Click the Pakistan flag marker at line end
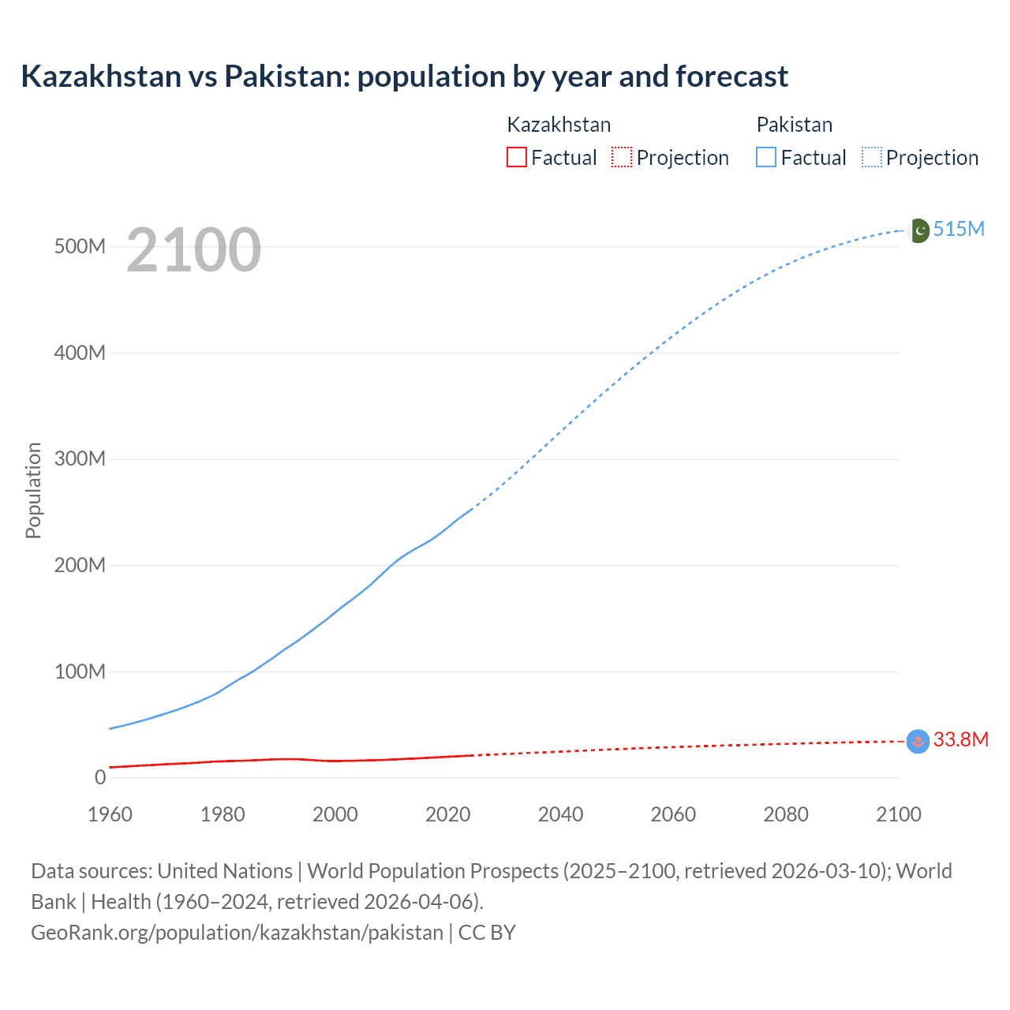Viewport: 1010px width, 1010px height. pos(918,230)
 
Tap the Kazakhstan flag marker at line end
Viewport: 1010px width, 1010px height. pos(918,741)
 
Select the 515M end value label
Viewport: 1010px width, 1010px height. pos(959,230)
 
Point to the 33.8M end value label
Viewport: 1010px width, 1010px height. pos(960,739)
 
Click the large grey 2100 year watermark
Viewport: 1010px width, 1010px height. pos(193,250)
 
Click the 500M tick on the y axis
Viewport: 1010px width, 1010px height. pos(80,247)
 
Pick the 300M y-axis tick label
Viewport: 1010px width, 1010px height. pos(80,459)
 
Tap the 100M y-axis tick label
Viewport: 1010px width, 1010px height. pos(80,672)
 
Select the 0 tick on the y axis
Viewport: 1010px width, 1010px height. pos(100,778)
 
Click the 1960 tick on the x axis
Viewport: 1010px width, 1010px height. pos(110,814)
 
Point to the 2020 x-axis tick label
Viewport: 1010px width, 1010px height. pos(447,814)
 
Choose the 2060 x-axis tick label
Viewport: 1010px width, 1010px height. pos(673,814)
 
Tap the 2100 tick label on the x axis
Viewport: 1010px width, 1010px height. pos(898,814)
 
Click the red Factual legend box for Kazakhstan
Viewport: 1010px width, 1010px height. pos(516,158)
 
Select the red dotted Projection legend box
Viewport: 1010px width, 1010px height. pos(622,158)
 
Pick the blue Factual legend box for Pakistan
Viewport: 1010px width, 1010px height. pos(765,158)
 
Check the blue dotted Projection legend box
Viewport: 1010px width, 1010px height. pos(871,158)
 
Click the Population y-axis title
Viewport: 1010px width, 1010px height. pos(33,490)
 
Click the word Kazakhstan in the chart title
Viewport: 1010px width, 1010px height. pos(101,77)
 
